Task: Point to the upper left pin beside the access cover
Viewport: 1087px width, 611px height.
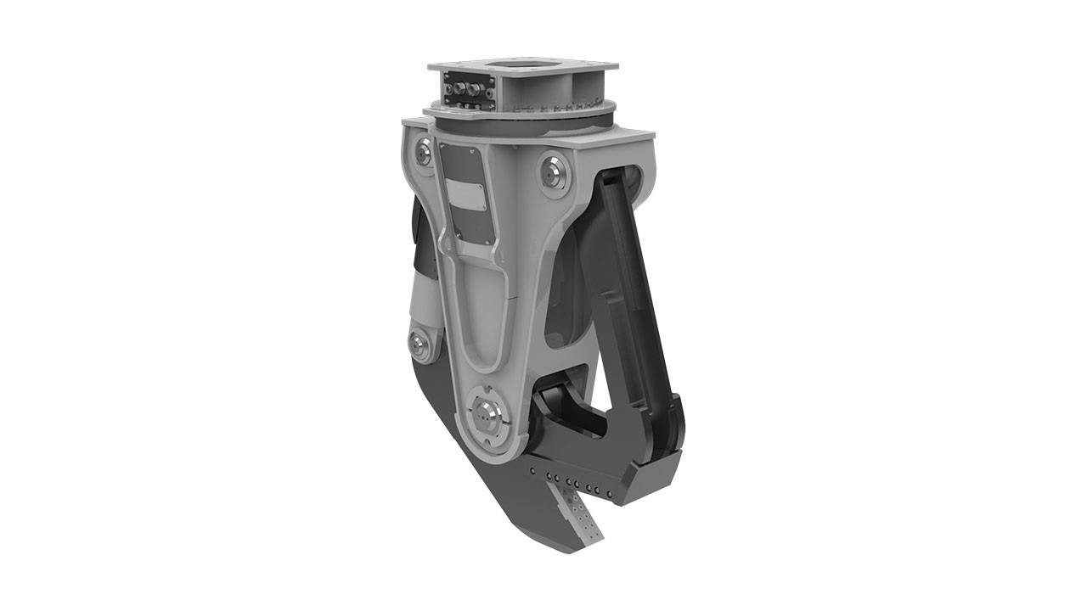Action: (x=423, y=153)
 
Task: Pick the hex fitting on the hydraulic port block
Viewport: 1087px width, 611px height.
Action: (x=463, y=88)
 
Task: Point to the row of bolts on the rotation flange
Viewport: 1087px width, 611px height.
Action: (x=560, y=109)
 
